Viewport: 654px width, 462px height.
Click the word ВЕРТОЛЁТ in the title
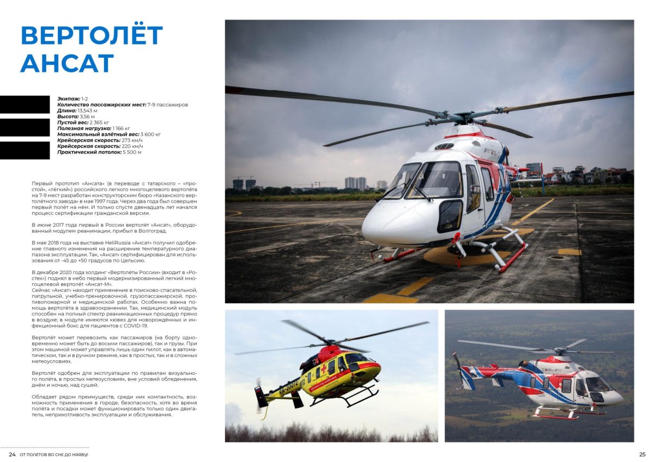92,36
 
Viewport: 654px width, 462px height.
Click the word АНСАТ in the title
67,63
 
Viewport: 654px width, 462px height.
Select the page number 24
12,454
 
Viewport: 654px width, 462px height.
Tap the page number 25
642,454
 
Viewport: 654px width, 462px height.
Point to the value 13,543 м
88,111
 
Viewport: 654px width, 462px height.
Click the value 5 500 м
132,152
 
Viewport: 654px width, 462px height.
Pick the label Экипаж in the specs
68,99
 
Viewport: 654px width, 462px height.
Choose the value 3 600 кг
150,134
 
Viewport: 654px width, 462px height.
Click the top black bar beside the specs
25,104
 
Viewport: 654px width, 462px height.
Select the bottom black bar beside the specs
25,150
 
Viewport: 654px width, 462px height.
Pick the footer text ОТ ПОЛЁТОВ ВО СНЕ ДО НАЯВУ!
54,454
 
